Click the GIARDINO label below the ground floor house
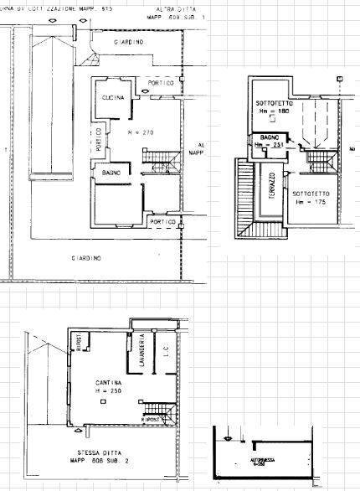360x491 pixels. [87, 257]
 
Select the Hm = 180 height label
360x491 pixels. [271, 111]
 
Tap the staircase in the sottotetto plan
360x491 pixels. [317, 156]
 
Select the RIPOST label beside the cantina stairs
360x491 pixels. [152, 416]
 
